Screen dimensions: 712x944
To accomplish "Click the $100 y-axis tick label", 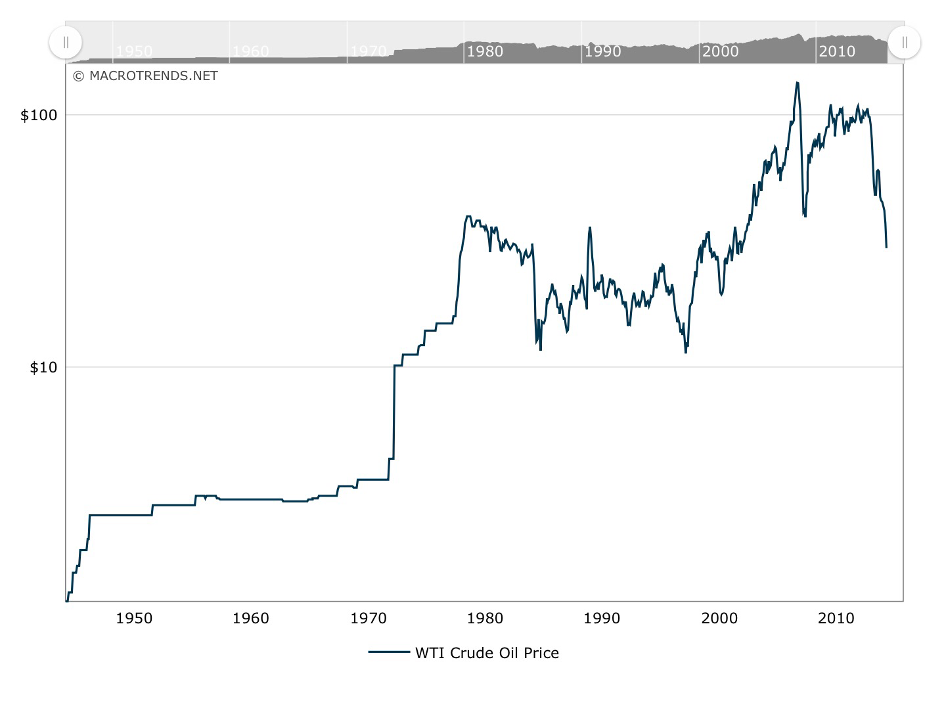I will pyautogui.click(x=39, y=116).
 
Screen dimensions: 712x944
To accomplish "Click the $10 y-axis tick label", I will pyautogui.click(x=43, y=368).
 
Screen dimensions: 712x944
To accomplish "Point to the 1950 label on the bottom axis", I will pyautogui.click(x=134, y=618).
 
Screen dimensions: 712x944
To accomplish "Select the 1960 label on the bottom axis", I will pyautogui.click(x=251, y=618).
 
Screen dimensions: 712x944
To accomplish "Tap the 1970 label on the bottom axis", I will pyautogui.click(x=368, y=618).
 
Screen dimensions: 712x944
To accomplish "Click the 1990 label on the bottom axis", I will pyautogui.click(x=602, y=618).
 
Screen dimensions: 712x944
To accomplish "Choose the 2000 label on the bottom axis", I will pyautogui.click(x=719, y=618).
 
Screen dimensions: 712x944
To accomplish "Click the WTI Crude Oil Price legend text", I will pyautogui.click(x=487, y=653).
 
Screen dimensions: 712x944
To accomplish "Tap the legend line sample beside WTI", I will pyautogui.click(x=388, y=652).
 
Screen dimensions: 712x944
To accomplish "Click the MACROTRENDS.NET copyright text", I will pyautogui.click(x=145, y=76).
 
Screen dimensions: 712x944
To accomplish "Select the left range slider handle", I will pyautogui.click(x=66, y=43).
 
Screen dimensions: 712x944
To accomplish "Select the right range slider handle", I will pyautogui.click(x=905, y=43).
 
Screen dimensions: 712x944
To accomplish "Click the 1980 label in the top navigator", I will pyautogui.click(x=485, y=51).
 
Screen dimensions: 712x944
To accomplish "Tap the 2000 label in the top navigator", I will pyautogui.click(x=720, y=51).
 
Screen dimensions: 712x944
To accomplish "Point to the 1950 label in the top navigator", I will pyautogui.click(x=134, y=51).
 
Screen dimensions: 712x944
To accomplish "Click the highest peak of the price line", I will pyautogui.click(x=797, y=83).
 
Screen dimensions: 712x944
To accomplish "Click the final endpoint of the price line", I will pyautogui.click(x=886, y=247).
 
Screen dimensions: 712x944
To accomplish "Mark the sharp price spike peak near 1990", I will pyautogui.click(x=590, y=227).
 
